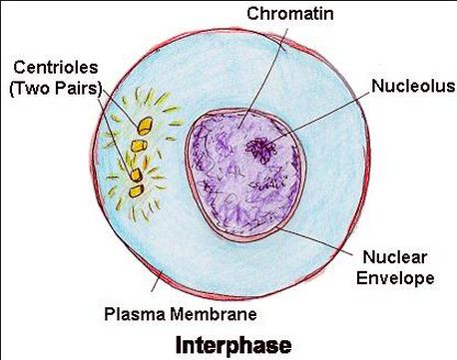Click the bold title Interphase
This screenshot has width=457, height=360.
(232, 345)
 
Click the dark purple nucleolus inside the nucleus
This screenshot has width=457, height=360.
(263, 150)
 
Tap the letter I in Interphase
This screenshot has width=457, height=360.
(180, 345)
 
